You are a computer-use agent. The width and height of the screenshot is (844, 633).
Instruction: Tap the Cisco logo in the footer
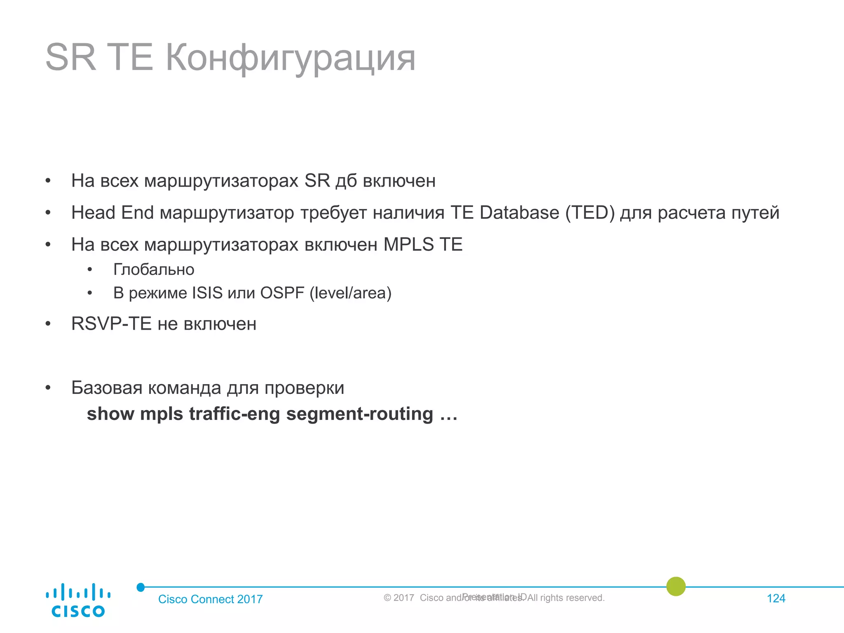coord(78,600)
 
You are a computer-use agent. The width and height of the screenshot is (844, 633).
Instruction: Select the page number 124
coord(776,598)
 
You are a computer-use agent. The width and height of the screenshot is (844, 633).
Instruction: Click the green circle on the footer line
coord(676,586)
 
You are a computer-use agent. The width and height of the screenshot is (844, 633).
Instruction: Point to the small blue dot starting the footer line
coord(141,587)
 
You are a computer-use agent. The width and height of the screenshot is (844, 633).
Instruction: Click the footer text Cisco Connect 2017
coord(210,599)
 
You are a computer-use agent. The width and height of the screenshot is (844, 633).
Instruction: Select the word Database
coord(519,213)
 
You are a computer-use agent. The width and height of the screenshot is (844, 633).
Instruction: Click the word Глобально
coord(154,270)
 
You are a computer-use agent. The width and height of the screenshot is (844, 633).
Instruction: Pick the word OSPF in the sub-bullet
coord(282,293)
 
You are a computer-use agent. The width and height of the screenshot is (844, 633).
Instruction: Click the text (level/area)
coord(350,293)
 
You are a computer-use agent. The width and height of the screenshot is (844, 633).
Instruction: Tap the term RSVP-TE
coord(111,324)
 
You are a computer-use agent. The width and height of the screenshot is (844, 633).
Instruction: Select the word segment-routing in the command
coord(359,414)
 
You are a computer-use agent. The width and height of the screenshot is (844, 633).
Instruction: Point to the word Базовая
coord(107,388)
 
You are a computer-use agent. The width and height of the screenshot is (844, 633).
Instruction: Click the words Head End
coord(113,213)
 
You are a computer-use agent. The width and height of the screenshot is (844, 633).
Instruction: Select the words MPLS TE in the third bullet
coord(423,244)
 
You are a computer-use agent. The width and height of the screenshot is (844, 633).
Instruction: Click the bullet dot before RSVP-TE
coord(48,324)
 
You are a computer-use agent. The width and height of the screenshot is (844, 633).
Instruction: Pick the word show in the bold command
coord(110,414)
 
